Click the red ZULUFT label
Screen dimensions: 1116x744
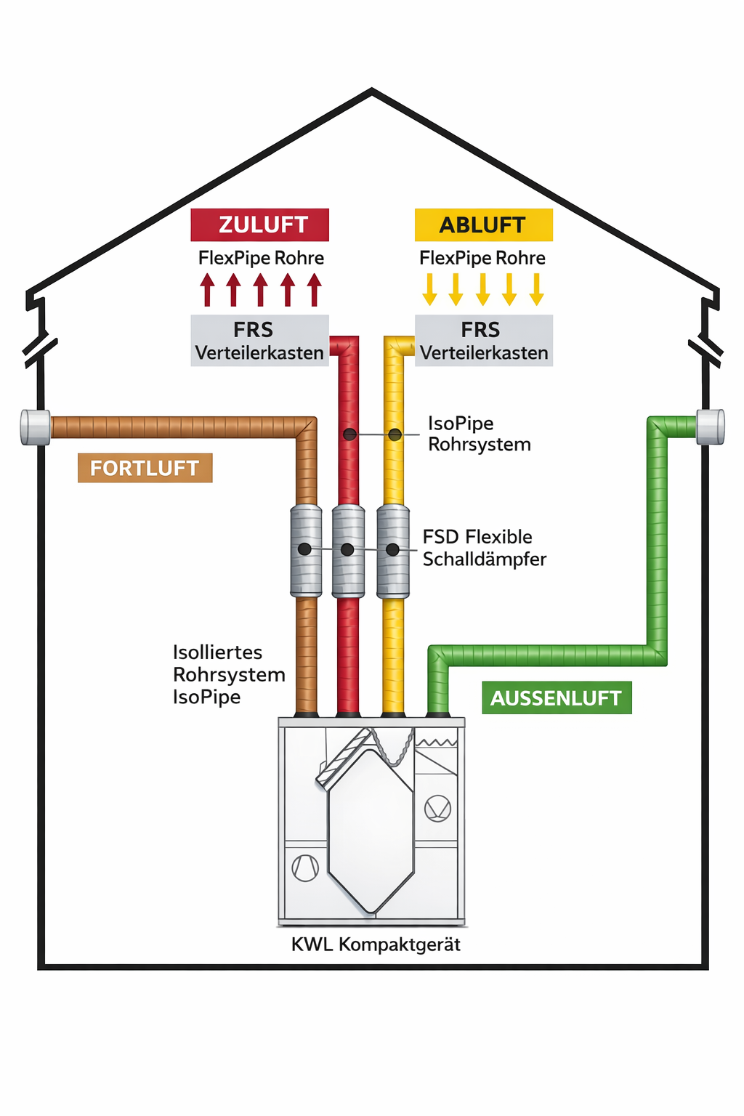(x=259, y=225)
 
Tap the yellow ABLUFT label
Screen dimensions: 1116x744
(x=483, y=225)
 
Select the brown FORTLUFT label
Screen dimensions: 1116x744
(x=145, y=468)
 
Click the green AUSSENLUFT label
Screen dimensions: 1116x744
(x=557, y=697)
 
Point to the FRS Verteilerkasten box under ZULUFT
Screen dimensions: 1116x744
(x=259, y=340)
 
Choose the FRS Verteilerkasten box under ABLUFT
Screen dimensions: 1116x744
(x=483, y=340)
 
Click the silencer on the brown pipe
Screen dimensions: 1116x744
(x=306, y=551)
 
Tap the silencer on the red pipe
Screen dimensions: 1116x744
(x=348, y=551)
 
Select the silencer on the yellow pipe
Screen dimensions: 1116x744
(x=393, y=551)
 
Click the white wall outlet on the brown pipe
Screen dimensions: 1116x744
(x=35, y=426)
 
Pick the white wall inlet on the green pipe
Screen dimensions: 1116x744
(x=710, y=426)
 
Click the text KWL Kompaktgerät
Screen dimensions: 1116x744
(x=376, y=945)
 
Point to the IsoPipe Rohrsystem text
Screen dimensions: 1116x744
(x=479, y=434)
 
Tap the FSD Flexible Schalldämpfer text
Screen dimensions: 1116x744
(x=484, y=548)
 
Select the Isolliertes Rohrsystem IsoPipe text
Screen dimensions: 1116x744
(x=228, y=674)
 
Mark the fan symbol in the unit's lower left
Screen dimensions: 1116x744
(x=305, y=868)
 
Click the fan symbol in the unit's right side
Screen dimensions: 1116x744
(x=437, y=808)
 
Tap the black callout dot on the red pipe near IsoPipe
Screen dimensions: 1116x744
(x=349, y=434)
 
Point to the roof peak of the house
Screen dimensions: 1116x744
(x=372, y=92)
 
